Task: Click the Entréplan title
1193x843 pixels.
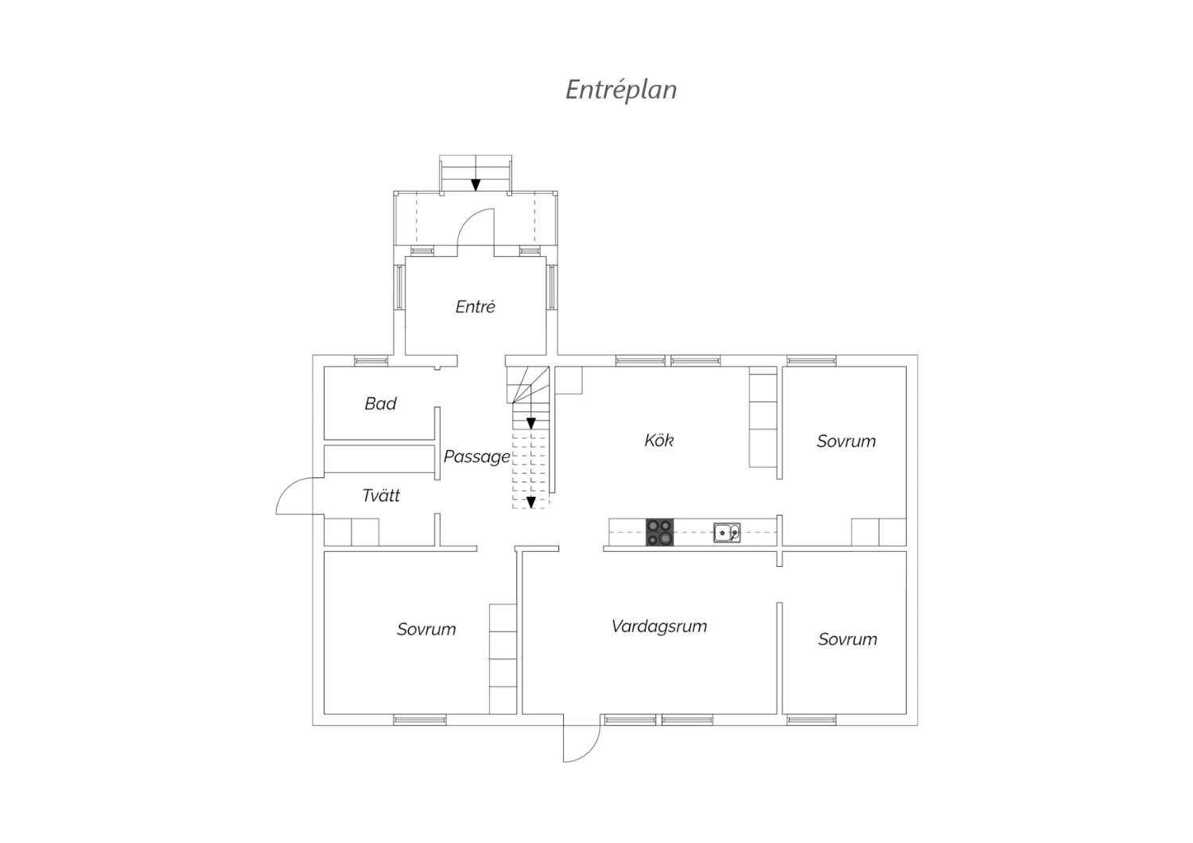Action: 621,90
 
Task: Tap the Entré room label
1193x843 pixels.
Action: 475,307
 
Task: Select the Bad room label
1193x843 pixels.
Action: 380,404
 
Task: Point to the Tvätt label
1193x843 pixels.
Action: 381,495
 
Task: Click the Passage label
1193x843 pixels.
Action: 476,457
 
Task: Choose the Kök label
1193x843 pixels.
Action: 659,441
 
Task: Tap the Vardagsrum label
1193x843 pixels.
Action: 659,626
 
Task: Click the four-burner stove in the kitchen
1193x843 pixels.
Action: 659,532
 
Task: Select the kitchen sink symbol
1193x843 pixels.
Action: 727,533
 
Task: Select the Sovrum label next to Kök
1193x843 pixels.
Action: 845,441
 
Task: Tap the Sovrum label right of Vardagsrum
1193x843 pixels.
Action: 847,639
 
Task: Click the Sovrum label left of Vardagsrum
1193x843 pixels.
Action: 426,629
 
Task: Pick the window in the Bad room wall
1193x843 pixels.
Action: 371,360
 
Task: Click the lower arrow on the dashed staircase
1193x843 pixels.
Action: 531,502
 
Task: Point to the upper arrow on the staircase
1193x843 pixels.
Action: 531,423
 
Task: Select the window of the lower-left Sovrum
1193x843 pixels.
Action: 420,720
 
